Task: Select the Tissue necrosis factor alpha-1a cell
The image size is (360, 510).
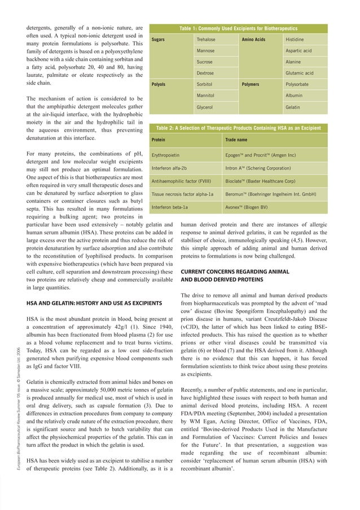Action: coord(183,194)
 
